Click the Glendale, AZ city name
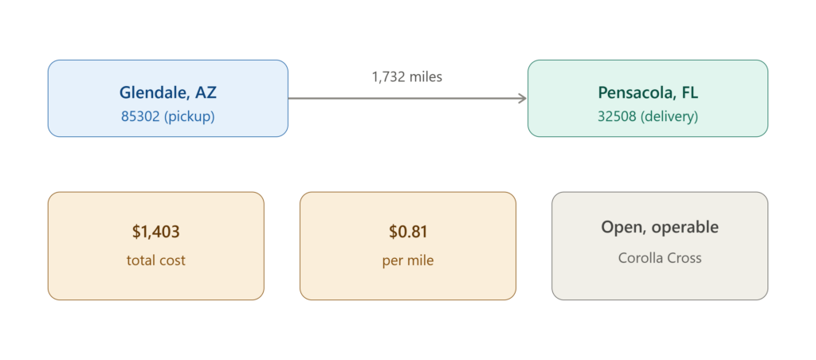click(167, 92)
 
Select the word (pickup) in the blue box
click(190, 116)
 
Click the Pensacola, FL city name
click(648, 92)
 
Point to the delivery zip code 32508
click(617, 116)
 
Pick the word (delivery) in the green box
click(669, 117)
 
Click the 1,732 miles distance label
click(407, 77)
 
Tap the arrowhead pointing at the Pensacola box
click(523, 98)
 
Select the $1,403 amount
click(155, 232)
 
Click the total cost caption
click(155, 260)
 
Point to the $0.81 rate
click(408, 232)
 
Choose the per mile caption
click(408, 260)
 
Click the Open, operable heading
click(660, 227)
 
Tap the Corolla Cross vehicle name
click(660, 257)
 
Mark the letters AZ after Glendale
click(206, 92)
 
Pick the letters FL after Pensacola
click(689, 92)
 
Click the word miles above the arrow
click(426, 77)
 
